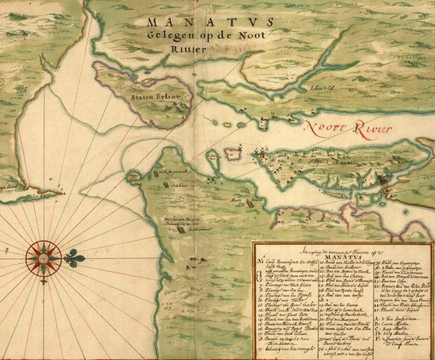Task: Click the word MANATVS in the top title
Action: click(x=190, y=23)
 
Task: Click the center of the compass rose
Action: click(x=43, y=258)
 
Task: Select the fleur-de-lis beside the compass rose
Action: click(x=73, y=258)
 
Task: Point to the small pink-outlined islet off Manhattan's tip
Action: click(x=232, y=155)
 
